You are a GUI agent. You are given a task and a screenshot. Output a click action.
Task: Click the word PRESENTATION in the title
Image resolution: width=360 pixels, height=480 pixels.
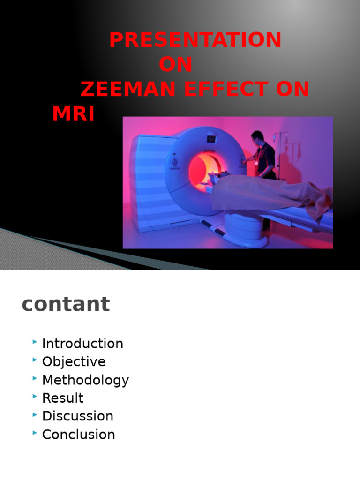pos(195,40)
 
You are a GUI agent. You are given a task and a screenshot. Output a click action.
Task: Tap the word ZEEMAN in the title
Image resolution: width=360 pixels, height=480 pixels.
pos(120,89)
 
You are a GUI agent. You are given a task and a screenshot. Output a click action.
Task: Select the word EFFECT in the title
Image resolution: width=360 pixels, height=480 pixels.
pos(219,89)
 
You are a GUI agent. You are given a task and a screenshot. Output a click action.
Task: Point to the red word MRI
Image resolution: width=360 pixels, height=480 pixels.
pos(73,114)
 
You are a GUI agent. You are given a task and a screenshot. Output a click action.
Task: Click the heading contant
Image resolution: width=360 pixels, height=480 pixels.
pos(66,305)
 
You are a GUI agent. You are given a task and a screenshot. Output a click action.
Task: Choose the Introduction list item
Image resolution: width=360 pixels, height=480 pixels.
pos(82,344)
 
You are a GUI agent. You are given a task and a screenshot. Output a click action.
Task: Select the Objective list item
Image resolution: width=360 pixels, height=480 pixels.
pos(74,362)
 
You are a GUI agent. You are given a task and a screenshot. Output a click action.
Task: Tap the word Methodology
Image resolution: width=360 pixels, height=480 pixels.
pos(85,380)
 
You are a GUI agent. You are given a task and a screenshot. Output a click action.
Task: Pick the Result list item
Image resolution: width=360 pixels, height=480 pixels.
pos(63,398)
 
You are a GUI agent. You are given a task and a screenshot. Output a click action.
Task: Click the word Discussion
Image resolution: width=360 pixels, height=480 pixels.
pos(77,416)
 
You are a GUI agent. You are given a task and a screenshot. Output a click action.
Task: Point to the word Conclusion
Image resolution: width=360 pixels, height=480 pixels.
pos(78,435)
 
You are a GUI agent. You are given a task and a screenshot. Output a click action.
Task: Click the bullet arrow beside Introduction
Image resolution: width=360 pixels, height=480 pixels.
pos(35,342)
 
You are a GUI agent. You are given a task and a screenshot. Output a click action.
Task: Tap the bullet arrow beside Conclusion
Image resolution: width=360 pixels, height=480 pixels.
pos(35,433)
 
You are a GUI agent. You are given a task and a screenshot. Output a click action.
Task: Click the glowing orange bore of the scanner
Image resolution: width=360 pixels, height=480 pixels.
pos(202,169)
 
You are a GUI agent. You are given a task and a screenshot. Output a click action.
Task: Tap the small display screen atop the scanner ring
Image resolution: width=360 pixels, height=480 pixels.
pos(212,139)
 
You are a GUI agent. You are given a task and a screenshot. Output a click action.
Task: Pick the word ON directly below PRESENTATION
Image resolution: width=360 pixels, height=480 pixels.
pos(175,65)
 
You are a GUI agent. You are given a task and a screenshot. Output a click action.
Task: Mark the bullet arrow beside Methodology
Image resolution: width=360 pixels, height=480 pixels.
pos(35,379)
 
